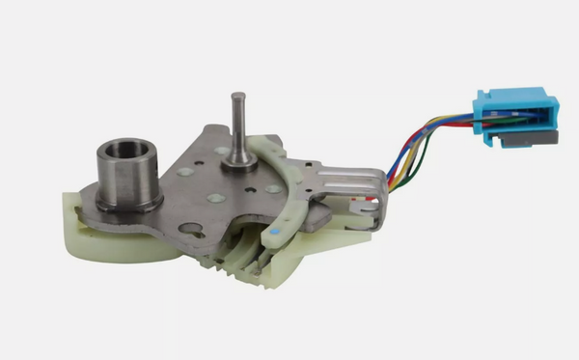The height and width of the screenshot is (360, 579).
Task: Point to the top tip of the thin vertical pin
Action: point(236,97)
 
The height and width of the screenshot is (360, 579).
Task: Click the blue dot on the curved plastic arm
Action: point(277,233)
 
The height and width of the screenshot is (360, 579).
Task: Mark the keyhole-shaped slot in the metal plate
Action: point(191,230)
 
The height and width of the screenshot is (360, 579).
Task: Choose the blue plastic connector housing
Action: point(511,112)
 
